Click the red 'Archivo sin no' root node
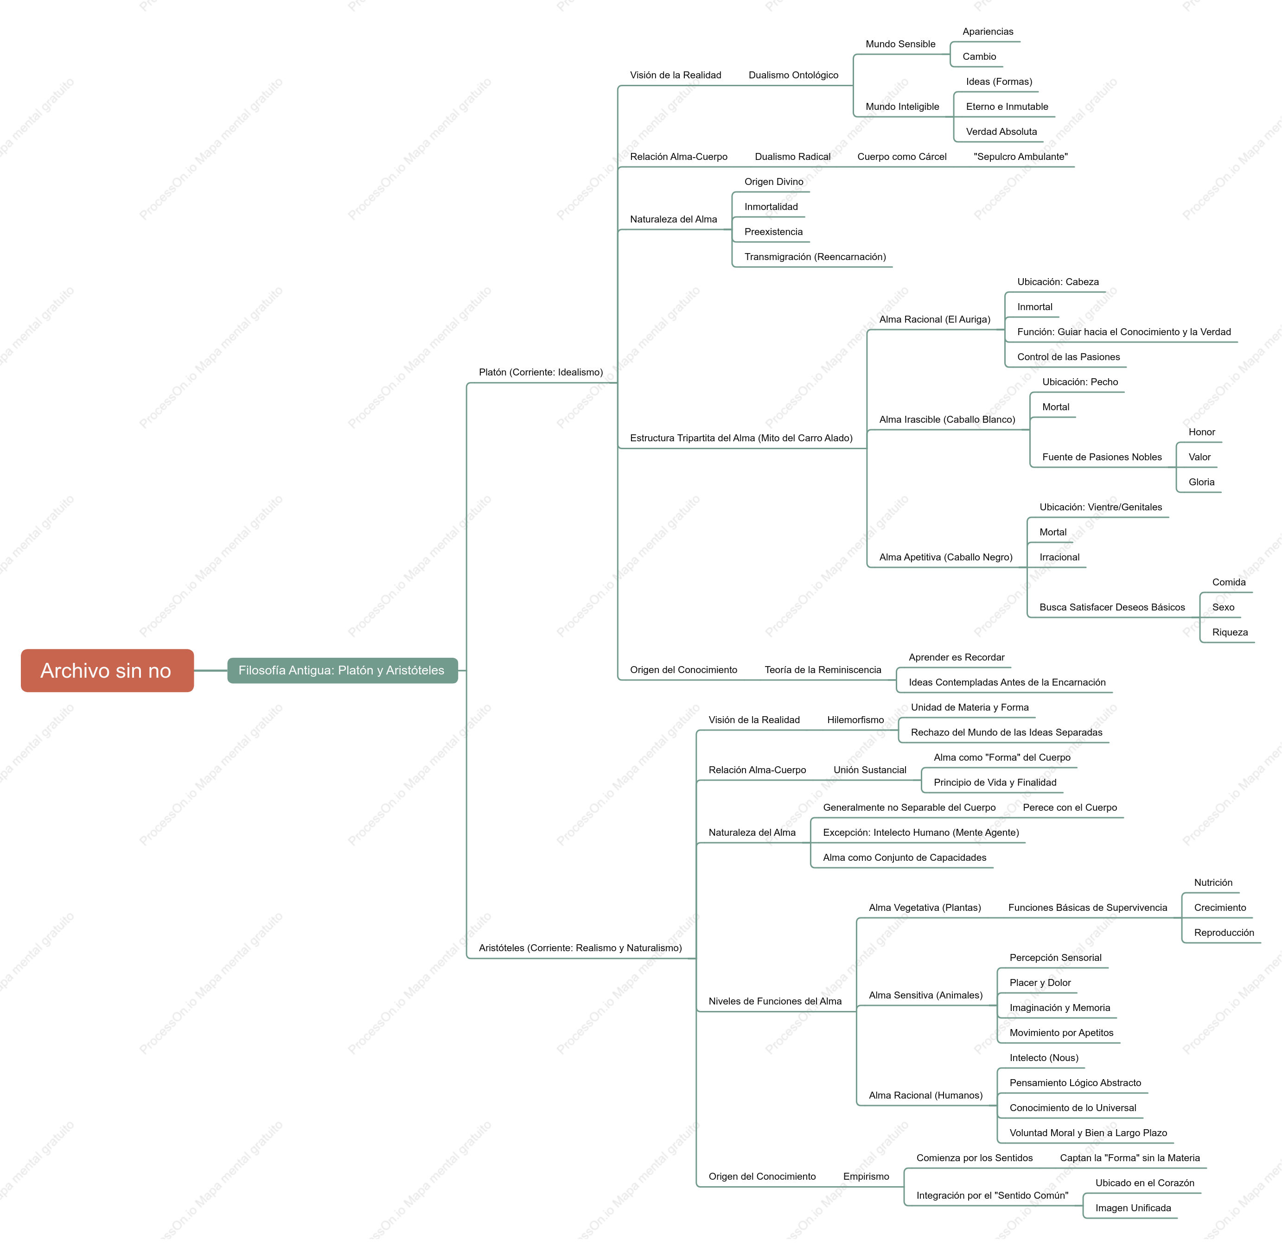(107, 670)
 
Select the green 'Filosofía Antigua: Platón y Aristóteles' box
(342, 670)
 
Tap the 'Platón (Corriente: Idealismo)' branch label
(541, 372)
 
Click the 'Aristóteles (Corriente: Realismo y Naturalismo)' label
(580, 947)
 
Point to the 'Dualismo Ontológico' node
(793, 75)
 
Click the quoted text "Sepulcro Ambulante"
(1020, 156)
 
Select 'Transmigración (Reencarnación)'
(815, 256)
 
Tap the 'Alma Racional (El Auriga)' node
(935, 319)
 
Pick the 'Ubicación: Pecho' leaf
(1080, 381)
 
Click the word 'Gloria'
(1201, 482)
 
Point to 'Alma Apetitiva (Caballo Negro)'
(946, 557)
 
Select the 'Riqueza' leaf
(1230, 632)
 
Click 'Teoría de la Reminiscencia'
(823, 669)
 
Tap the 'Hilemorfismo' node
(855, 720)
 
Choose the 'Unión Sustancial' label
(870, 769)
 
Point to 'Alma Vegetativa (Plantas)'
(925, 908)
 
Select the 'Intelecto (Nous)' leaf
(1044, 1057)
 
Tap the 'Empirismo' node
(866, 1176)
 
